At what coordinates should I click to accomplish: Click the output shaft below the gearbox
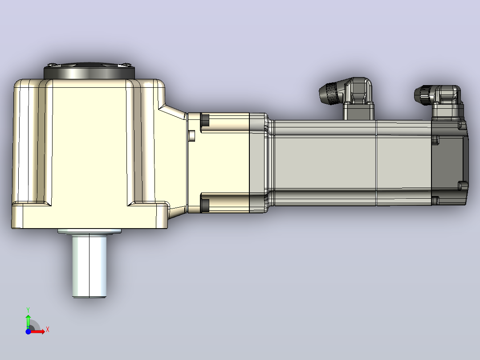pyautogui.click(x=89, y=266)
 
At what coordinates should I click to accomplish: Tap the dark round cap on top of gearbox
pyautogui.click(x=89, y=71)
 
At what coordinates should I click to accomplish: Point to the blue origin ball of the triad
pyautogui.click(x=28, y=331)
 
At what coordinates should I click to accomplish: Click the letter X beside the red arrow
pyautogui.click(x=48, y=330)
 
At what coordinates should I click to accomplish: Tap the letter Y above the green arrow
pyautogui.click(x=28, y=310)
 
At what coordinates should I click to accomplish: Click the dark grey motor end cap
pyautogui.click(x=449, y=162)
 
